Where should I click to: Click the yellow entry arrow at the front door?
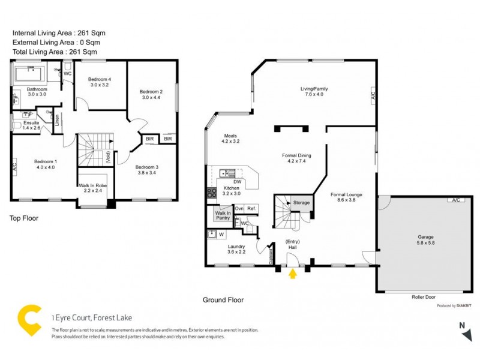293,274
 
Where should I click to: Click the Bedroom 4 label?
100,80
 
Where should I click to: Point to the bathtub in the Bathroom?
28,75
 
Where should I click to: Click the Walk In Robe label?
93,186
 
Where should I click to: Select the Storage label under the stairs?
302,203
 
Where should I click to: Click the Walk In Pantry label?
223,215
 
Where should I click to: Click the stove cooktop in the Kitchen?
212,193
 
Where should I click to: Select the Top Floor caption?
24,218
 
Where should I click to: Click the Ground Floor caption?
223,299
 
